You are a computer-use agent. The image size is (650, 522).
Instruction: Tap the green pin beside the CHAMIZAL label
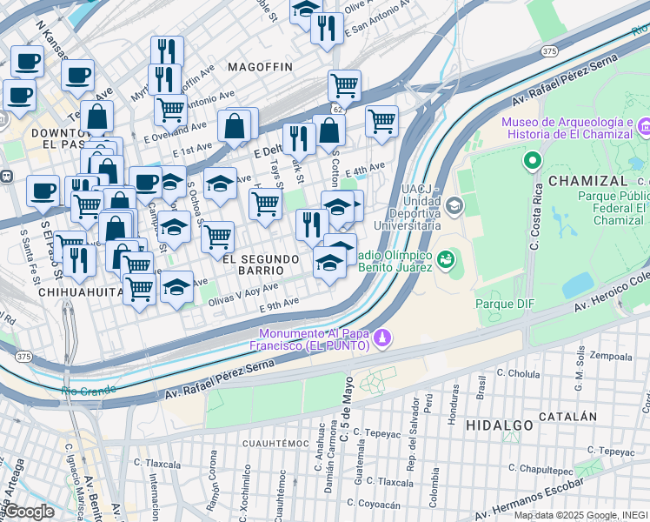(x=532, y=161)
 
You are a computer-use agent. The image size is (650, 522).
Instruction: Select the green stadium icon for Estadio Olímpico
(x=447, y=258)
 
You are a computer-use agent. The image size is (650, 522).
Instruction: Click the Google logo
(x=29, y=512)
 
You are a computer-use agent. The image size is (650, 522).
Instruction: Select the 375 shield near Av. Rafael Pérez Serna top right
(x=549, y=52)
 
